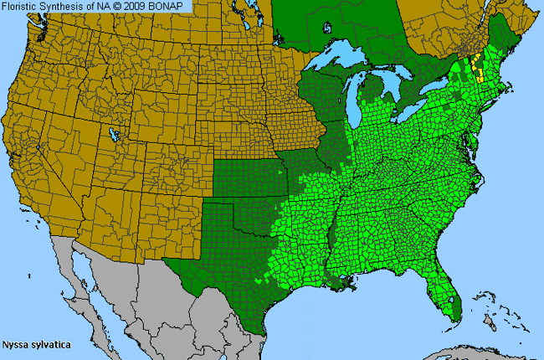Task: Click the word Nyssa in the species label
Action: tap(16, 344)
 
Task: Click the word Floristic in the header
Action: tap(21, 7)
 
